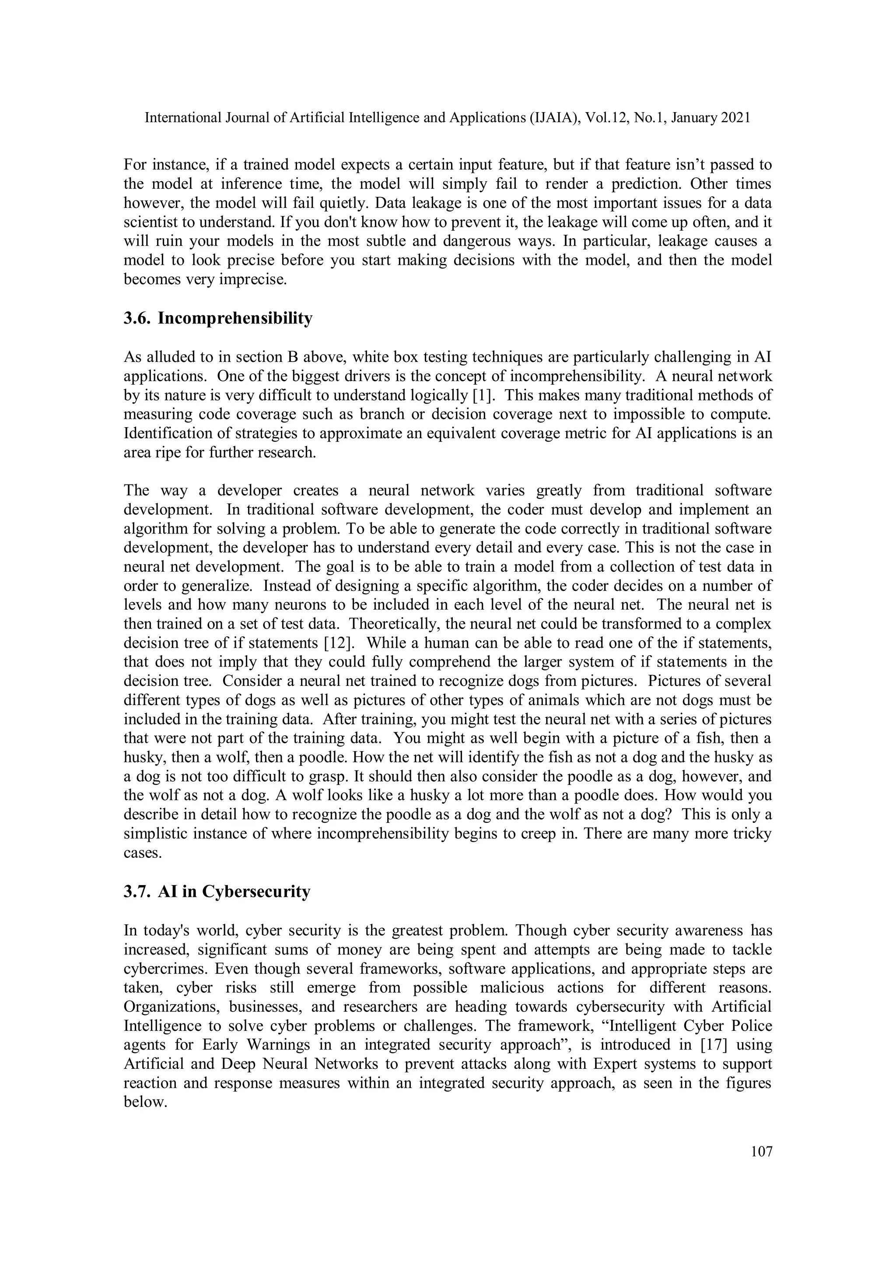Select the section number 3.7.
click(136, 891)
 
